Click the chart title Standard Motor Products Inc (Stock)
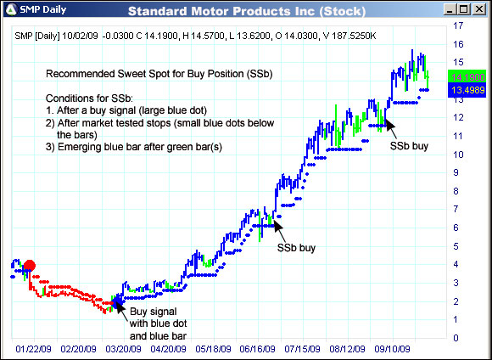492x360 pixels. point(246,11)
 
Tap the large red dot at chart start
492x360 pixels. point(29,266)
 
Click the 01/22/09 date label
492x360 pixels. point(34,348)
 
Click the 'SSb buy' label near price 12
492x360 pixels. point(409,145)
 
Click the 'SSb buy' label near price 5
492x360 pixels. point(297,250)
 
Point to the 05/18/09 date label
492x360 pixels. point(214,348)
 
